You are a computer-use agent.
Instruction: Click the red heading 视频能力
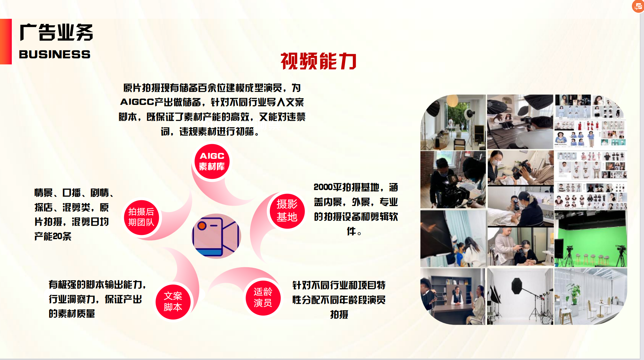pyautogui.click(x=318, y=61)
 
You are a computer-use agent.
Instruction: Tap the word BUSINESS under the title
pyautogui.click(x=55, y=54)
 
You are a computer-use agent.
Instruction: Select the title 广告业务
pyautogui.click(x=56, y=32)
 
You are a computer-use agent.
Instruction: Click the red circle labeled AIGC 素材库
pyautogui.click(x=212, y=161)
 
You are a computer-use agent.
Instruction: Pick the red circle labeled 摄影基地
pyautogui.click(x=287, y=211)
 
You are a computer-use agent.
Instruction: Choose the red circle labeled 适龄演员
pyautogui.click(x=263, y=297)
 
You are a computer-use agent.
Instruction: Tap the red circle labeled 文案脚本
pyautogui.click(x=173, y=301)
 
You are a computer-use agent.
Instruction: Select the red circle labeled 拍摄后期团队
pyautogui.click(x=141, y=217)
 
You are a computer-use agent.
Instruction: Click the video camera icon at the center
pyautogui.click(x=216, y=236)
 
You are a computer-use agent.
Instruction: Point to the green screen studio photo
pyautogui.click(x=590, y=239)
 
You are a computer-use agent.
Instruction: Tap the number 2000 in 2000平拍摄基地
pyautogui.click(x=323, y=187)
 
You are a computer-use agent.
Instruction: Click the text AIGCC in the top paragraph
pyautogui.click(x=137, y=102)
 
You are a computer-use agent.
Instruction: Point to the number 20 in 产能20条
pyautogui.click(x=57, y=236)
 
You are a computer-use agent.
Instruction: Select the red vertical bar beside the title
pyautogui.click(x=6, y=41)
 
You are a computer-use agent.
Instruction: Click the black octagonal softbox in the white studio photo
pyautogui.click(x=517, y=286)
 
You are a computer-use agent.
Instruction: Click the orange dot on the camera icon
pyautogui.click(x=202, y=226)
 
